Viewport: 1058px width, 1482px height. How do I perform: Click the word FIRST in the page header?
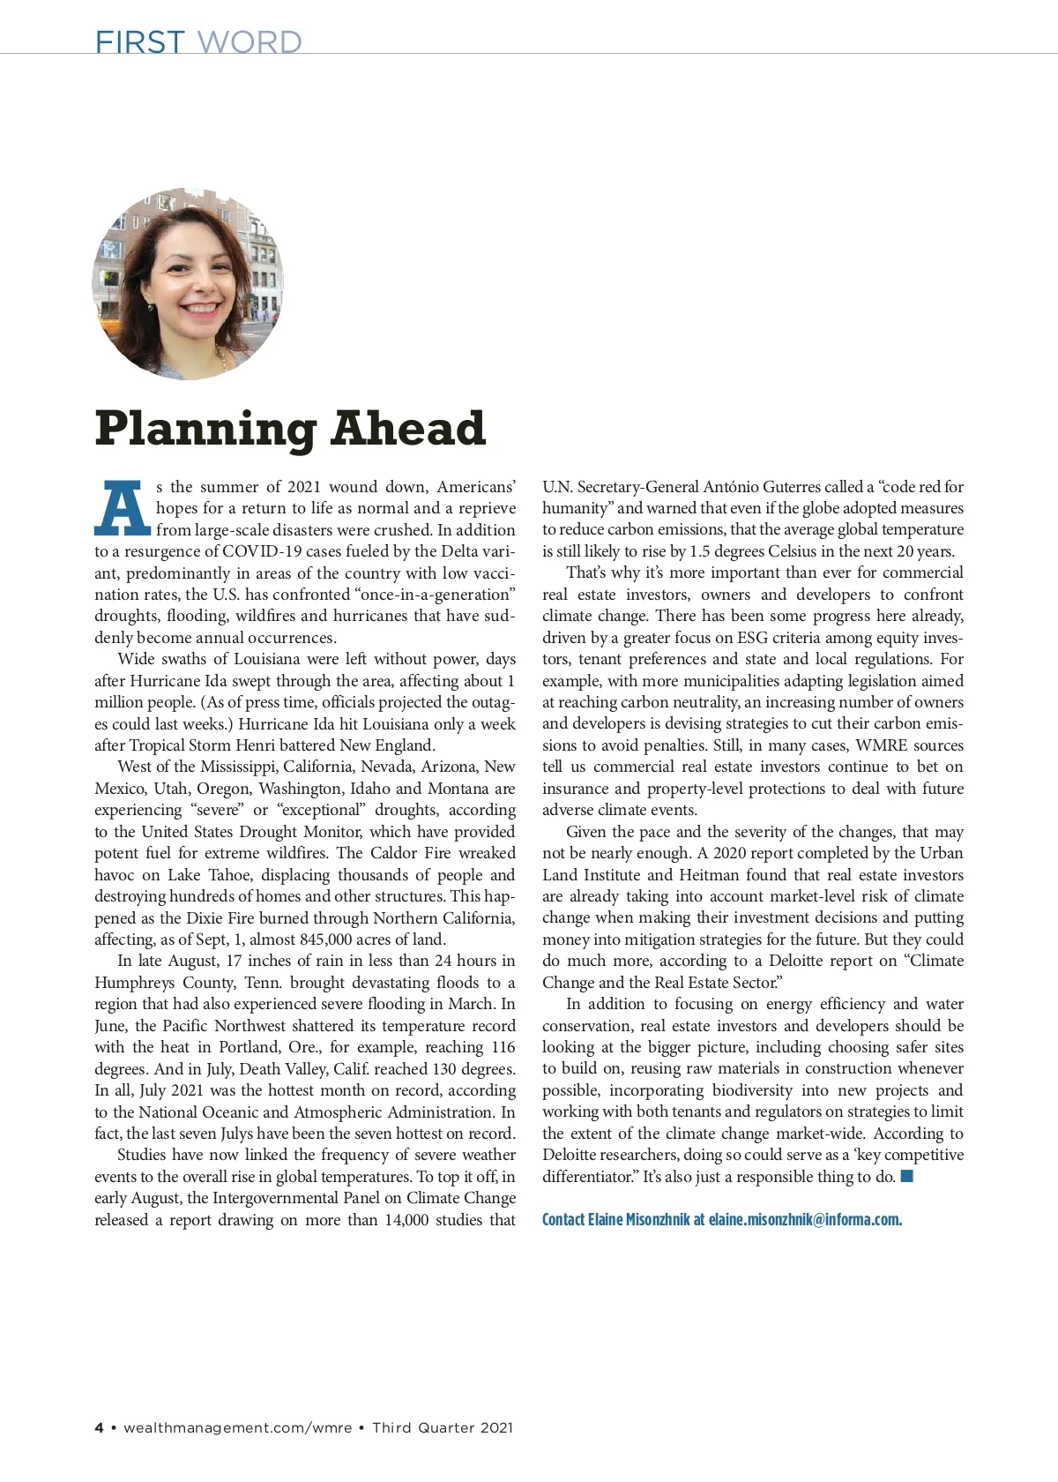[x=139, y=41]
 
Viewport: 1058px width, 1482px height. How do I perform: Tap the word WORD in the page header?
[x=250, y=41]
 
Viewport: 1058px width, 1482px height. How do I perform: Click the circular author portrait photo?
[x=188, y=283]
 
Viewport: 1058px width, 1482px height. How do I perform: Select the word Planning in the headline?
[x=205, y=430]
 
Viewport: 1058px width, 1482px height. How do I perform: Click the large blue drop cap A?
[x=123, y=509]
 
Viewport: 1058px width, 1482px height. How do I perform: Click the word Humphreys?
[x=134, y=983]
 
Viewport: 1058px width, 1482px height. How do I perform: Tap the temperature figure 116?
[x=503, y=1047]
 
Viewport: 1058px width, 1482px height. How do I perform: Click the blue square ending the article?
[x=906, y=1176]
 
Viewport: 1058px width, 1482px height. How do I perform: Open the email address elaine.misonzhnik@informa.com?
[x=805, y=1220]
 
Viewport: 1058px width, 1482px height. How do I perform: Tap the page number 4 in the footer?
[x=100, y=1428]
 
